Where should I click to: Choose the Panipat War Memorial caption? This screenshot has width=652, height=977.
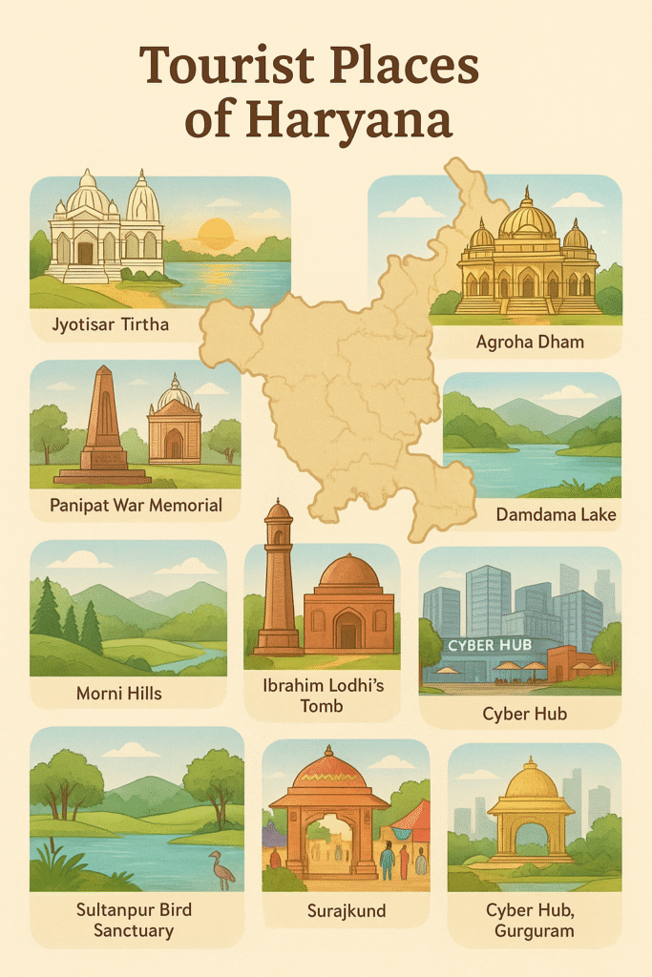coord(136,506)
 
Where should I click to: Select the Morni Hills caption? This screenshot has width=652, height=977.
coord(119,693)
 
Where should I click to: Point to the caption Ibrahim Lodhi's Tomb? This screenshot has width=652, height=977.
coord(322,696)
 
